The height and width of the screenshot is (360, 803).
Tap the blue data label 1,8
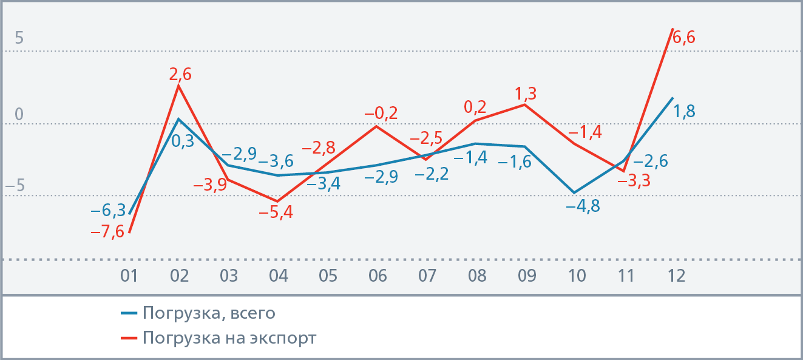click(x=685, y=111)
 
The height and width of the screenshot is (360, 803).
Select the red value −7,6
click(x=107, y=232)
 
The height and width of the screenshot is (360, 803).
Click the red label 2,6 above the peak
click(x=180, y=74)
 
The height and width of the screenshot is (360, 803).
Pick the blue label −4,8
click(x=583, y=206)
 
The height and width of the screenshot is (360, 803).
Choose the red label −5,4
click(x=276, y=213)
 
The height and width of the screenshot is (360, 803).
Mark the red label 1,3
click(x=526, y=94)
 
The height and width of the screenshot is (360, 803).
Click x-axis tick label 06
click(x=378, y=276)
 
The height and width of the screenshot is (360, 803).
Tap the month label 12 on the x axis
click(x=676, y=276)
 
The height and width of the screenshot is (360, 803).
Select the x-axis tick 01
click(x=129, y=276)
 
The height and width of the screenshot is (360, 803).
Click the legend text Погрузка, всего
click(x=209, y=313)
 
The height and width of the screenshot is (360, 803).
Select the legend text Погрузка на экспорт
click(x=229, y=338)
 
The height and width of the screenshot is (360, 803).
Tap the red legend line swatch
click(x=129, y=338)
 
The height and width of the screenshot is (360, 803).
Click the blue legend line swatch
click(x=129, y=314)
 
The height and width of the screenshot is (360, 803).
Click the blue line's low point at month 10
click(x=574, y=193)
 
